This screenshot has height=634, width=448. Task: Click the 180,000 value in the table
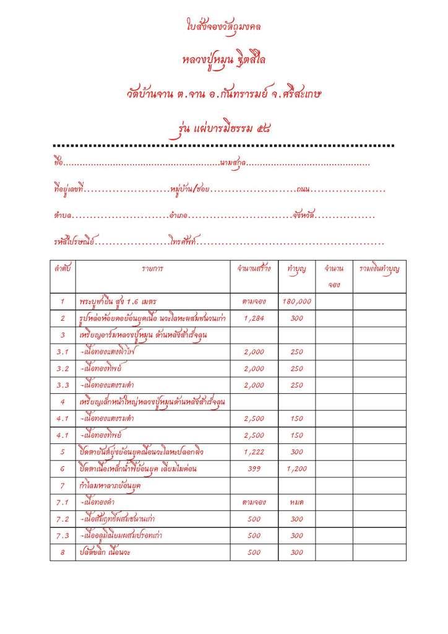pos(296,302)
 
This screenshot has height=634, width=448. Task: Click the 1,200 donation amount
pos(296,469)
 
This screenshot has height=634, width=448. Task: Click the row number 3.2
pos(63,368)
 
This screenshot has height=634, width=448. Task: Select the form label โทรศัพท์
pos(181,241)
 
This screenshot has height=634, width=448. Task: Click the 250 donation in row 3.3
pos(296,385)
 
